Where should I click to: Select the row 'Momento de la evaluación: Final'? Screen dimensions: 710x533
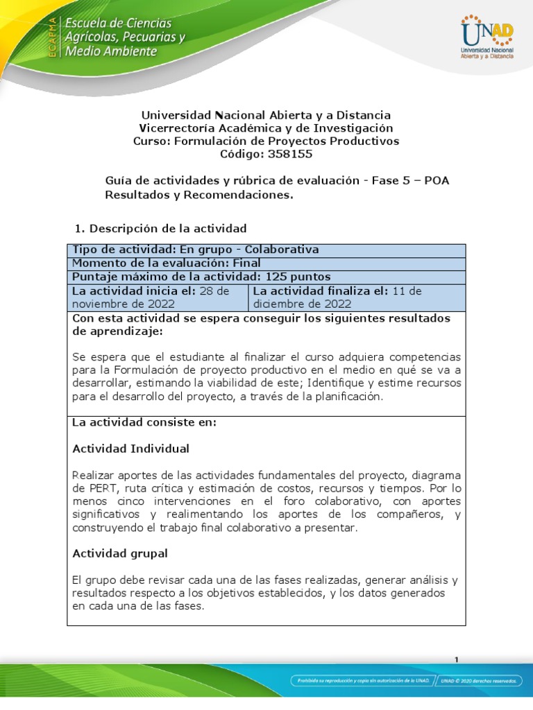167,263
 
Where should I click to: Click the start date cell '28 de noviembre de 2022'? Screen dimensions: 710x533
157,297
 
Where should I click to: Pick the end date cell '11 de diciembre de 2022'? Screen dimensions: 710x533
357,297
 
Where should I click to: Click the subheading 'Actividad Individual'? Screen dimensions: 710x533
130,449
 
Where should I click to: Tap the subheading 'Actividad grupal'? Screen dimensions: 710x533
119,553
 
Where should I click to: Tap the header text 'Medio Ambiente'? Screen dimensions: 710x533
110,51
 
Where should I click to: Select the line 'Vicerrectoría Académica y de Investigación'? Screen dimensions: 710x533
266,128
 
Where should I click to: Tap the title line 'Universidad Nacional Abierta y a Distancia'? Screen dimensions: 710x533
266,114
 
